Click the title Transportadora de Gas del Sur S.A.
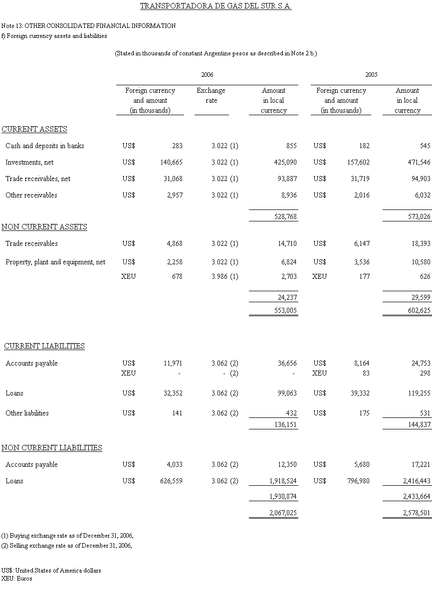[x=216, y=6]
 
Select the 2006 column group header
[x=207, y=75]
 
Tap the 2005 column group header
[x=371, y=75]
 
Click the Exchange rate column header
[x=211, y=95]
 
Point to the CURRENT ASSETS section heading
[x=34, y=129]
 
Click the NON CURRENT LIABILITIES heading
[x=52, y=448]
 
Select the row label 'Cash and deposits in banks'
[x=45, y=146]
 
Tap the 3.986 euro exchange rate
[x=219, y=276]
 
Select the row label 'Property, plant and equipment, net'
[x=55, y=262]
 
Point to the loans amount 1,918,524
[x=280, y=481]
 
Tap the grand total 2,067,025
[x=280, y=512]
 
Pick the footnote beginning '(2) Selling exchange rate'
[x=67, y=545]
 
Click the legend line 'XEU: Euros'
[x=17, y=578]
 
